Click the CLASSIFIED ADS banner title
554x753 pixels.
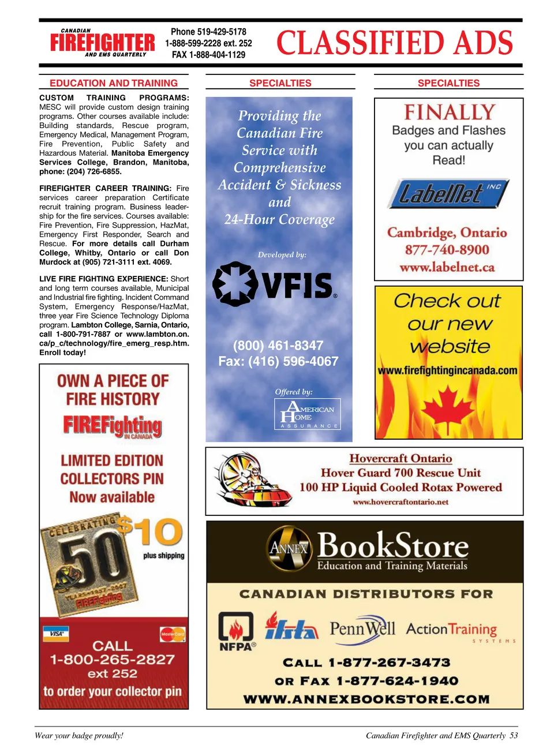(x=395, y=43)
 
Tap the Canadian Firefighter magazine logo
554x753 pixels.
(x=102, y=43)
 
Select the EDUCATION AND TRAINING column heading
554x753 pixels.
(x=114, y=83)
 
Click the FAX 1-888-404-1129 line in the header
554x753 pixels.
(x=208, y=55)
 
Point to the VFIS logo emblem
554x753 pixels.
(x=235, y=284)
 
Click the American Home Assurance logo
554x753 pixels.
(x=307, y=414)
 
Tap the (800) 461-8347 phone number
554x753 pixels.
(x=278, y=346)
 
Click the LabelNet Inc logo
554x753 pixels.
(x=447, y=193)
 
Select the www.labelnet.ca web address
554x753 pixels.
(x=447, y=267)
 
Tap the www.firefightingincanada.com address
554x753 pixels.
(x=448, y=370)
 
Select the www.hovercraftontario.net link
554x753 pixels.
(x=400, y=502)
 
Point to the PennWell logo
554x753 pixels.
(x=362, y=629)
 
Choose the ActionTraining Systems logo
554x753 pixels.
(x=456, y=631)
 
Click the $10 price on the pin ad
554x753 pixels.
(x=150, y=531)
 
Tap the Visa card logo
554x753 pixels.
(x=57, y=634)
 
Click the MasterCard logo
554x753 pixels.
(x=173, y=634)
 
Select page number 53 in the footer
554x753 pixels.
(x=514, y=736)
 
